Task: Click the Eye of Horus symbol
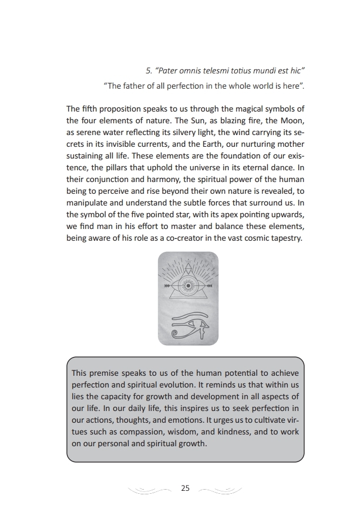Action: tap(188, 325)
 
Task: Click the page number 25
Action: tap(186, 488)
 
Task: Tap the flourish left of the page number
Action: tap(151, 489)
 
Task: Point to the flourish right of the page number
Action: tap(221, 489)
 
